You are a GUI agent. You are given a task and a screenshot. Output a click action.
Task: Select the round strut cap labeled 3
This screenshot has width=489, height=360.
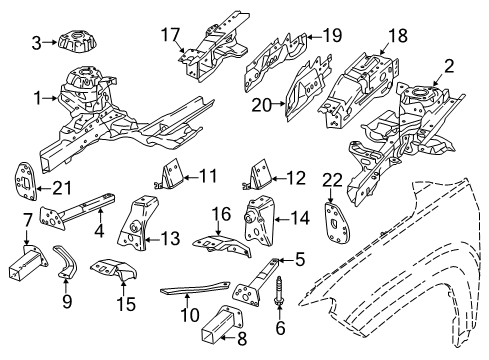76,42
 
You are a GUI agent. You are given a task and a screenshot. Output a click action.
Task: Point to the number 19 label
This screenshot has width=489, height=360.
331,37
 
